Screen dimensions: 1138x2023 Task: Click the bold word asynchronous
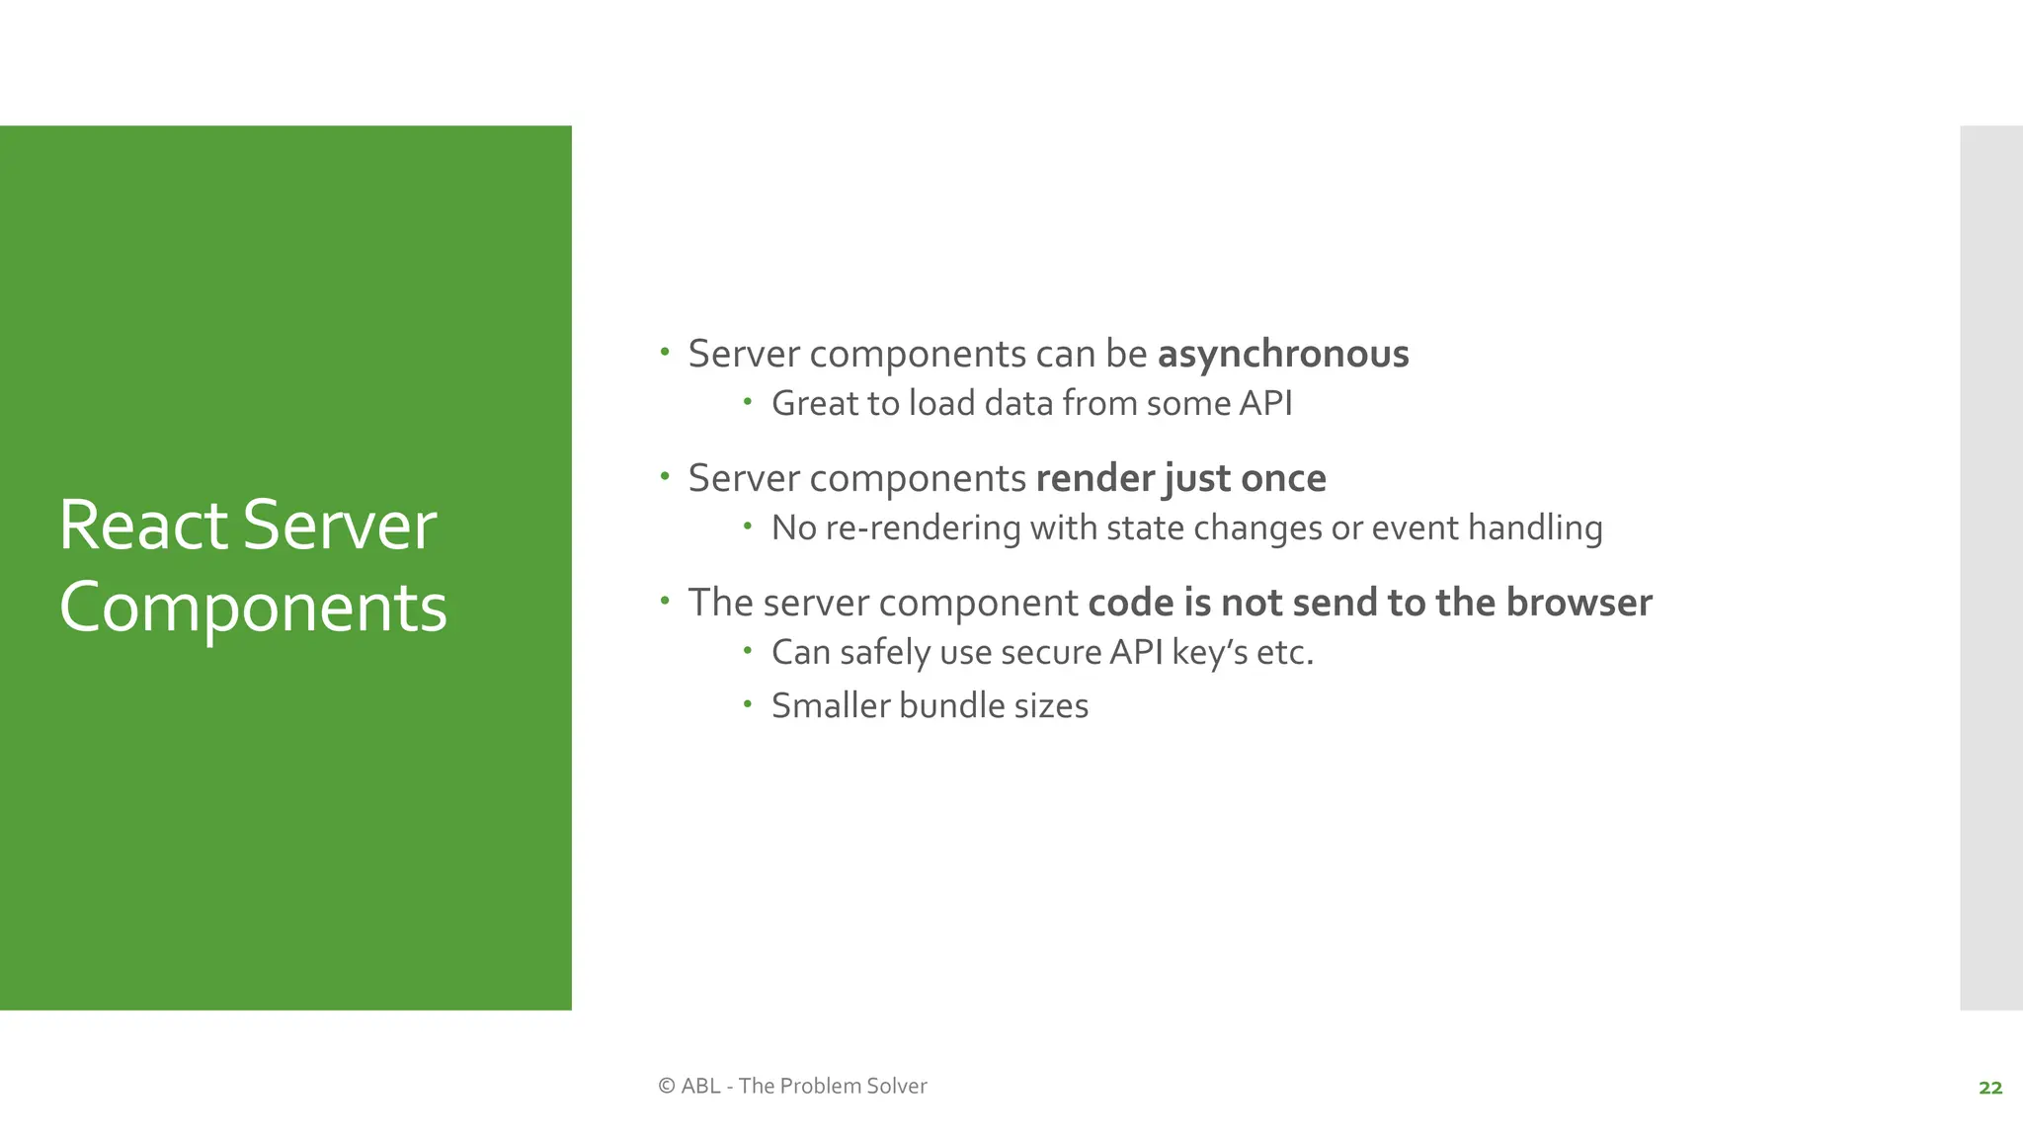(x=1282, y=355)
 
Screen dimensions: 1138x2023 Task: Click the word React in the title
(x=142, y=526)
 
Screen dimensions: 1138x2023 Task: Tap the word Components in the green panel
(x=253, y=608)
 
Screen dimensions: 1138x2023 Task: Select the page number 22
(x=1989, y=1088)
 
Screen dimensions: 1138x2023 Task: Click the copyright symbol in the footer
(x=667, y=1087)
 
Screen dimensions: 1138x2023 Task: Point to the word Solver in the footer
(x=896, y=1087)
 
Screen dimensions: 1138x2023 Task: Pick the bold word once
(x=1283, y=479)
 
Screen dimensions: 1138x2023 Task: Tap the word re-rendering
(x=923, y=528)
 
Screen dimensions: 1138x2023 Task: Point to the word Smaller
(x=830, y=706)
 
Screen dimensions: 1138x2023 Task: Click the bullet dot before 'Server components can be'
(x=665, y=351)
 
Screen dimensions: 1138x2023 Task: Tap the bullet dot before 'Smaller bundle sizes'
(x=748, y=703)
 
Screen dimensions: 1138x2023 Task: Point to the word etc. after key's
(x=1285, y=653)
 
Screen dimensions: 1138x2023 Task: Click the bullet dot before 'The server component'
(x=665, y=600)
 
